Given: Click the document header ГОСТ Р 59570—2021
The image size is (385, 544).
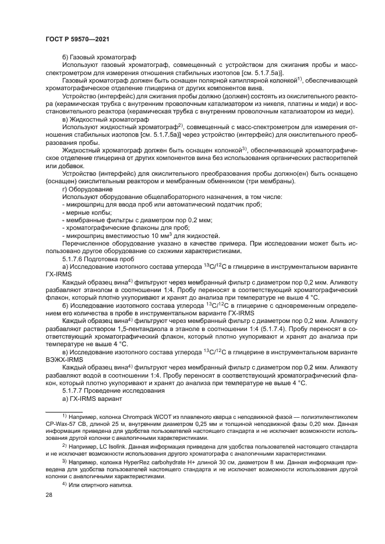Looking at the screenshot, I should [73, 39].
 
